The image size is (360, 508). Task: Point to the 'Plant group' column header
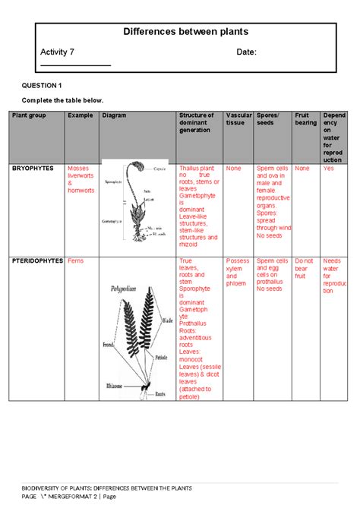29,115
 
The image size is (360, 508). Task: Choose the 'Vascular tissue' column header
238,119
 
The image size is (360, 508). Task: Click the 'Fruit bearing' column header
305,119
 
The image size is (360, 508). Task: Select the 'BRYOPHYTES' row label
33,168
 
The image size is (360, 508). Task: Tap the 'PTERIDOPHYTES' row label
39,260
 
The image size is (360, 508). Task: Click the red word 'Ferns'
76,260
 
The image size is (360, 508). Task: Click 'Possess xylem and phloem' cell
238,273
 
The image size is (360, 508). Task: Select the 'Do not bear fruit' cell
304,273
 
